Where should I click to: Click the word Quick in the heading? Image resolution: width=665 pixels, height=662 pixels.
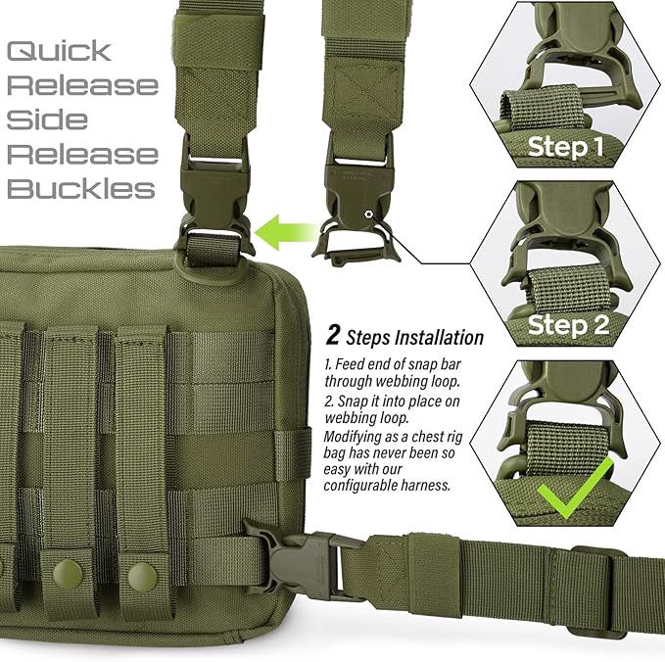click(61, 51)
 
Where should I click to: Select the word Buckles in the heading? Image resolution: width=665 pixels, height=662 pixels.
click(81, 188)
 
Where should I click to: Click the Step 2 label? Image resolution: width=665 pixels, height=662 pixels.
click(569, 323)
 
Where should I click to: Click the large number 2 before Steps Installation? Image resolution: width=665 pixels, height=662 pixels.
click(333, 337)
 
